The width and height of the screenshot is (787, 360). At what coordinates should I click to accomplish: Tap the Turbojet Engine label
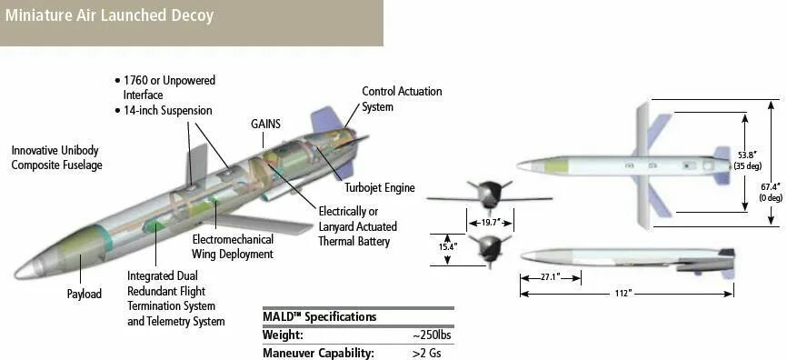(380, 188)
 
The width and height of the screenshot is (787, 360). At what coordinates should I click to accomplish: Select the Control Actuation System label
(402, 99)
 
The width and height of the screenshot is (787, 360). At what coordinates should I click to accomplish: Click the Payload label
(85, 294)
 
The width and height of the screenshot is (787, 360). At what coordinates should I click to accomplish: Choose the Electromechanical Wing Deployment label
(233, 246)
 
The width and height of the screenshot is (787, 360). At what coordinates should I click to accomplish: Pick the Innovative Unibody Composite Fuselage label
(56, 157)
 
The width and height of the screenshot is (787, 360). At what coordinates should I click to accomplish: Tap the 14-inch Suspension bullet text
(167, 111)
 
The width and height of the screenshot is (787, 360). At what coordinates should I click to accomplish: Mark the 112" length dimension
(623, 293)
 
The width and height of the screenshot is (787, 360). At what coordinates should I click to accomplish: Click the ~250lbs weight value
(432, 335)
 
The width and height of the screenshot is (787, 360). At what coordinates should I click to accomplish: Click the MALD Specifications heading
(319, 317)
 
